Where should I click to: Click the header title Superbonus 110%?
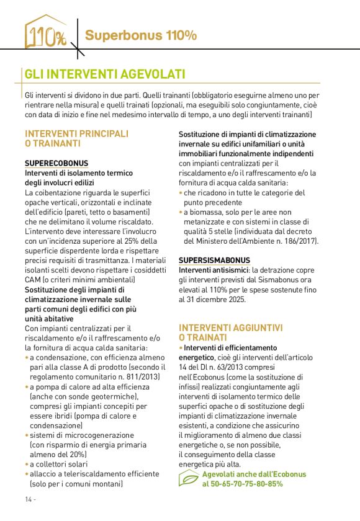[141, 35]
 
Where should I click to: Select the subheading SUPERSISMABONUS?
[214, 260]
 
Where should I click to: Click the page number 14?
[30, 499]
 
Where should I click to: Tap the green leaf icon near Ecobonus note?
[189, 479]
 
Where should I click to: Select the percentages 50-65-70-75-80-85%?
[243, 484]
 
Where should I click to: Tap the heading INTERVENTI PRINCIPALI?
[76, 133]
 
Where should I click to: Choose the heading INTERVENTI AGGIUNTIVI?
[231, 327]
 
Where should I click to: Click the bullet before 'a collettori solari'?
[27, 464]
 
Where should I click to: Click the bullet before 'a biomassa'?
[181, 212]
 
